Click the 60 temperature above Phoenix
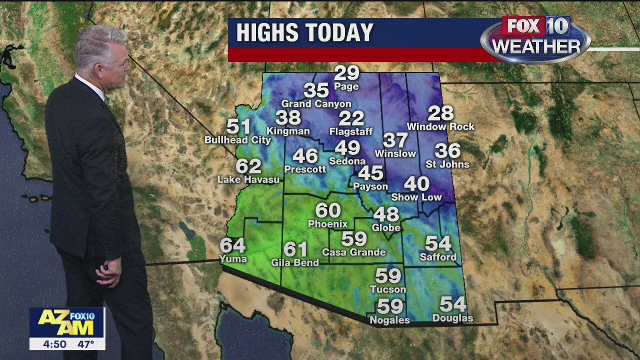pos(328,210)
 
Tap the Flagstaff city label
pos(351,132)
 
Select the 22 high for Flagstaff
pos(351,118)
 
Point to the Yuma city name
pos(233,258)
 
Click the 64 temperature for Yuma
pos(233,245)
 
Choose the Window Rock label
pos(440,127)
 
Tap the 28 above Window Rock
pos(440,113)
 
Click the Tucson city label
pos(388,289)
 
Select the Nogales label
pos(389,320)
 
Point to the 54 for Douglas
pos(452,304)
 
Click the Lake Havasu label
pos(248,179)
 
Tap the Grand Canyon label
pos(316,104)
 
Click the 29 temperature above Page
pos(346,73)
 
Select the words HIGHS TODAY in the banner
pos(304,33)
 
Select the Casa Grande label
pos(353,252)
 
